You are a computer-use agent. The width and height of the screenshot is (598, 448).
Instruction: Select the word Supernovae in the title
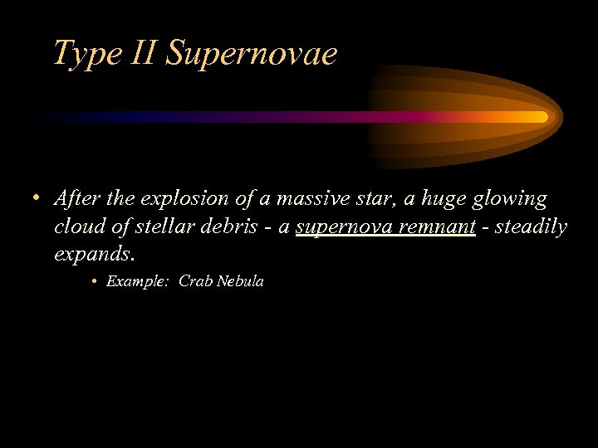point(252,54)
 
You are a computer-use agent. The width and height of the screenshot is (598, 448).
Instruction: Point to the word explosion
point(182,200)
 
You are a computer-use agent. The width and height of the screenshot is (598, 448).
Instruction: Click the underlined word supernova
point(342,226)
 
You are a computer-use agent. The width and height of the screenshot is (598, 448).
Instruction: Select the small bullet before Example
point(96,282)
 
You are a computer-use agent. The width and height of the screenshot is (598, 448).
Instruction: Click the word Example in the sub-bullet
point(136,281)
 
